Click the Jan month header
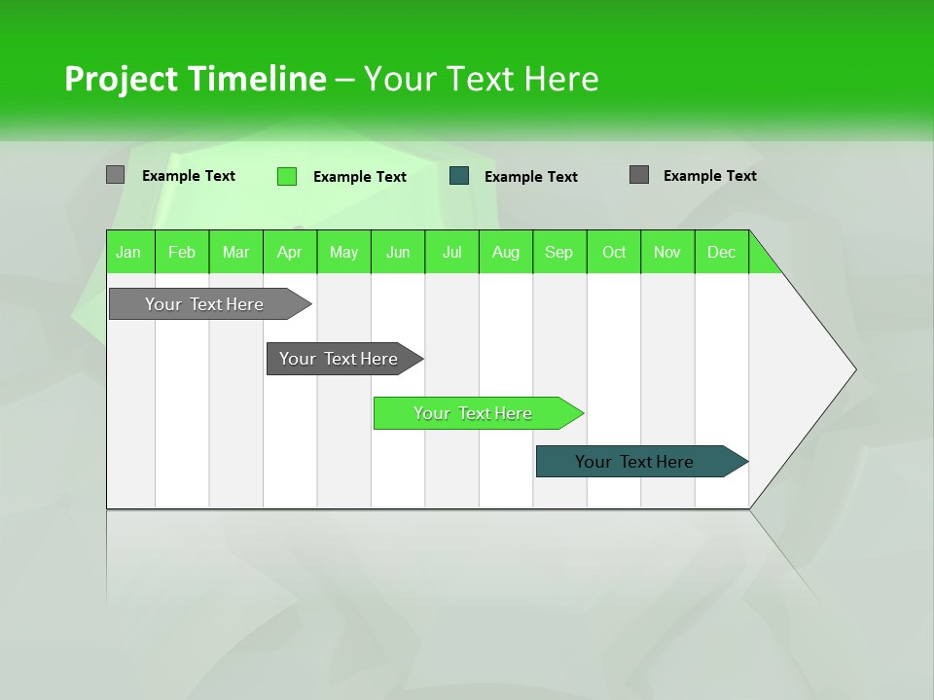128,252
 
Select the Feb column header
182,252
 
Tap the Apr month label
289,252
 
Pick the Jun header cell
398,252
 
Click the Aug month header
505,252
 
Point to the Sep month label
558,252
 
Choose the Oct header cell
614,252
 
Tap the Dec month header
721,252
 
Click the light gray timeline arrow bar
204,304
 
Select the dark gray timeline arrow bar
339,359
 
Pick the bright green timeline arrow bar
473,413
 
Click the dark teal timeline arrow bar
634,462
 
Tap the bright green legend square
286,176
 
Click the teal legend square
459,176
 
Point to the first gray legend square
115,175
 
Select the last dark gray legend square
638,175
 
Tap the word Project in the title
122,79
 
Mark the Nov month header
667,252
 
